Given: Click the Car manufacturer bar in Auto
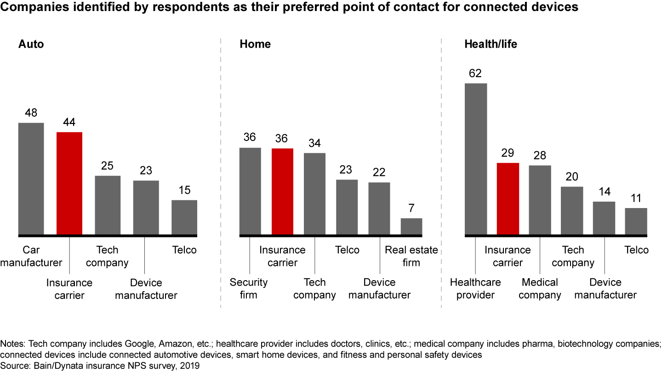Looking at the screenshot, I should click(x=31, y=179).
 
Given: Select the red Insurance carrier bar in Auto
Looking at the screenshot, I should click(x=69, y=184).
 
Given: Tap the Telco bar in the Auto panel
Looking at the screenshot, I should click(x=184, y=218).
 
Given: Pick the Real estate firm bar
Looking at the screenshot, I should click(x=411, y=227).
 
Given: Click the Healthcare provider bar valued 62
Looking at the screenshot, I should click(x=476, y=159).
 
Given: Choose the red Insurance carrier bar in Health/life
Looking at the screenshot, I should click(x=508, y=199).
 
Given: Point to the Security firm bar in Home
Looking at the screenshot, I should click(x=250, y=192).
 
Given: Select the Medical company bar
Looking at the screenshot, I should click(x=540, y=200).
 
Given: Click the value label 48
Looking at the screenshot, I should click(x=31, y=113).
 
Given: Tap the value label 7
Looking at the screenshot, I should click(x=411, y=209).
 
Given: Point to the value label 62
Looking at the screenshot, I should click(x=476, y=73).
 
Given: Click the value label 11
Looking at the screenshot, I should click(x=636, y=198).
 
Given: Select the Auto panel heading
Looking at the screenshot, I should click(x=31, y=45).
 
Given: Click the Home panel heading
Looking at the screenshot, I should click(x=255, y=45).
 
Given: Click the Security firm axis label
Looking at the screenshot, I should click(x=249, y=288).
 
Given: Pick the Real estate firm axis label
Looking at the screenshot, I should click(x=411, y=256).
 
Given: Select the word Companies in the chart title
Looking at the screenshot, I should click(x=30, y=7).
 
